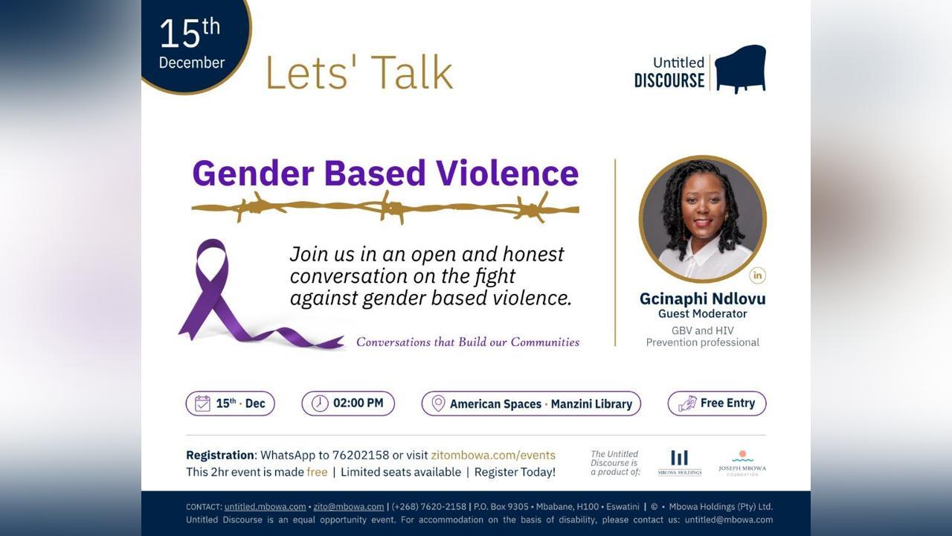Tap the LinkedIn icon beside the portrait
pyautogui.click(x=757, y=275)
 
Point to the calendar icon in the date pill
pyautogui.click(x=202, y=403)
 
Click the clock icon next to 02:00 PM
pyautogui.click(x=320, y=403)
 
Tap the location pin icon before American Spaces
pyautogui.click(x=438, y=403)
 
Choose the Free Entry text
pyautogui.click(x=727, y=403)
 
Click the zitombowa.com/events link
pyautogui.click(x=493, y=455)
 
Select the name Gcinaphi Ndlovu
pyautogui.click(x=703, y=299)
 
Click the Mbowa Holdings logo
pyautogui.click(x=680, y=463)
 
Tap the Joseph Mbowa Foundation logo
pyautogui.click(x=742, y=463)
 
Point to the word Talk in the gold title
pyautogui.click(x=414, y=72)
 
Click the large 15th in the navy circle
pyautogui.click(x=190, y=32)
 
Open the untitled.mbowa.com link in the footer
pyautogui.click(x=266, y=507)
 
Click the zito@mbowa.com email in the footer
pyautogui.click(x=349, y=507)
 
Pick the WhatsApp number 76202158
pyautogui.click(x=361, y=455)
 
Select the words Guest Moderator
pyautogui.click(x=703, y=314)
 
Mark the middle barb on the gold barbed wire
pyautogui.click(x=391, y=208)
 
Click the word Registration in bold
pyautogui.click(x=220, y=455)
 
